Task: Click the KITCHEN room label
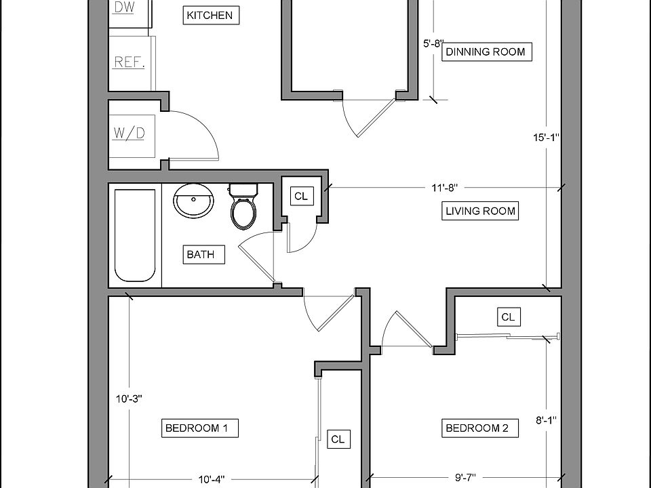pos(211,16)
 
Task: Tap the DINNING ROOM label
pos(487,52)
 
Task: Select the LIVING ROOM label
pos(480,211)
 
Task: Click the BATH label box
pos(204,254)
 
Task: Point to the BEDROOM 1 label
pos(199,428)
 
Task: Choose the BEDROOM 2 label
pos(480,428)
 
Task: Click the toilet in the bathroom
pos(243,206)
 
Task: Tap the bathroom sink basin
pos(193,201)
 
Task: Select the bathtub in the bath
pos(135,236)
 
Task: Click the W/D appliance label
pos(129,134)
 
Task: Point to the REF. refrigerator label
pos(129,62)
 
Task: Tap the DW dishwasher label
pos(124,7)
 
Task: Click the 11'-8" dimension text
pos(444,188)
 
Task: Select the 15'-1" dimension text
pos(547,138)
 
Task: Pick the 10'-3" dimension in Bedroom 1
pos(129,399)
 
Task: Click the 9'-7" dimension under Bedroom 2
pos(465,478)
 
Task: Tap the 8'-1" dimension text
pos(546,421)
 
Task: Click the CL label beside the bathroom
pos(301,196)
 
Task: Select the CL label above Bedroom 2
pos(508,317)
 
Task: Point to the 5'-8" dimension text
pos(433,43)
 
